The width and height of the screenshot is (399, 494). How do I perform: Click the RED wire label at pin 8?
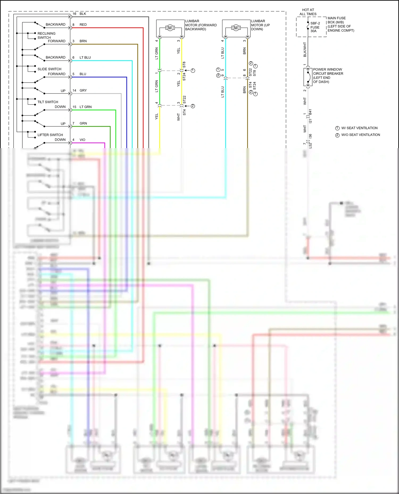[83, 25]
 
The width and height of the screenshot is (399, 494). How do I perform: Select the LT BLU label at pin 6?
[85, 58]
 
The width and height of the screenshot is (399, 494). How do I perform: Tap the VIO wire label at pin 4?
[82, 140]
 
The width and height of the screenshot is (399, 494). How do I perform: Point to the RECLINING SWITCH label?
[47, 36]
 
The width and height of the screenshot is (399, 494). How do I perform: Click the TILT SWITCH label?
[48, 102]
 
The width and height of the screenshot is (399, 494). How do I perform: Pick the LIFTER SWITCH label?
[50, 135]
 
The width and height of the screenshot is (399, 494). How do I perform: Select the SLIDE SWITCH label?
[49, 69]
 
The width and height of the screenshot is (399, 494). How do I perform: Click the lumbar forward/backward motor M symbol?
[170, 28]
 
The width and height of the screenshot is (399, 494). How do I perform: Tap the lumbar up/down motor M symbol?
[236, 28]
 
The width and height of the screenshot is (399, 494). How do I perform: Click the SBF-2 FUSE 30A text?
[315, 27]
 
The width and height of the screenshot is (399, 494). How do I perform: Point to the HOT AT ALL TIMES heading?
[308, 12]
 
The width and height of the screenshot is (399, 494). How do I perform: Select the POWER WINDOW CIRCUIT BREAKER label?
[328, 76]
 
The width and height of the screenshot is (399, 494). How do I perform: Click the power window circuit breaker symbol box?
[308, 77]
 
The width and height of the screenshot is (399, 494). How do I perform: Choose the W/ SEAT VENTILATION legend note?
[359, 128]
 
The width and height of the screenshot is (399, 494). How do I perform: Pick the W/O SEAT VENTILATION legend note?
[360, 135]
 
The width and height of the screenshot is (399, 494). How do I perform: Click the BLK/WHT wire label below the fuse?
[305, 50]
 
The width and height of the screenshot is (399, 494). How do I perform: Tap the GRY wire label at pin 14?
[83, 91]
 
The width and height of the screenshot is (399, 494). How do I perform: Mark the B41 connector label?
[310, 112]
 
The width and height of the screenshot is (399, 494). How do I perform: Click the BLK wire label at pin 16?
[83, 14]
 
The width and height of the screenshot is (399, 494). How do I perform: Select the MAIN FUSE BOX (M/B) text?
[336, 20]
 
